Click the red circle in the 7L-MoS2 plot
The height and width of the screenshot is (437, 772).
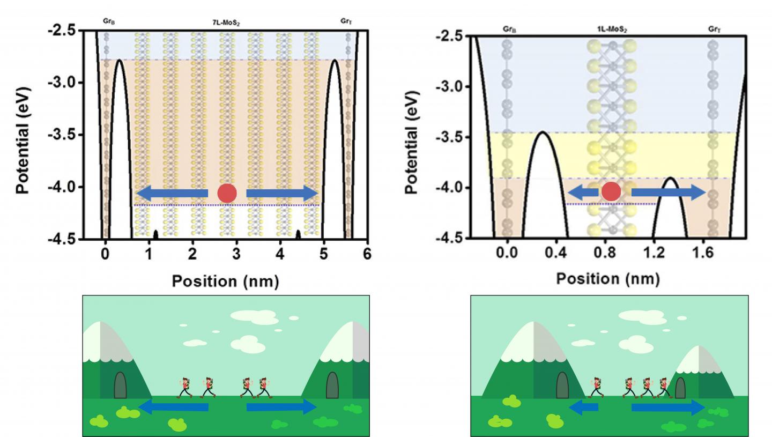click(227, 194)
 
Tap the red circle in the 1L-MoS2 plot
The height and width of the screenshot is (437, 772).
click(611, 191)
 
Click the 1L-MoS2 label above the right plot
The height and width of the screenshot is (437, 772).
click(612, 29)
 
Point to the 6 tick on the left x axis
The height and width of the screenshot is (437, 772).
click(367, 254)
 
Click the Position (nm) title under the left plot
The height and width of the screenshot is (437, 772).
click(225, 281)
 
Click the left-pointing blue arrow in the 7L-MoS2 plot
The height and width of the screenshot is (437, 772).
click(172, 194)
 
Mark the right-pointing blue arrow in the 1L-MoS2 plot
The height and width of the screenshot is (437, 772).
click(668, 192)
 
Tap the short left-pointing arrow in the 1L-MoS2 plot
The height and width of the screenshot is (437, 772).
click(583, 192)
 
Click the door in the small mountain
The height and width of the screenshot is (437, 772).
click(680, 388)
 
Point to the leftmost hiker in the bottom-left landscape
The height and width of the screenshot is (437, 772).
click(185, 388)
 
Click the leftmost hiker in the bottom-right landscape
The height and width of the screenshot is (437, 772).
click(595, 388)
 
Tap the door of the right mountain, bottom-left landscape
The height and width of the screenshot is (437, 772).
click(332, 385)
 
